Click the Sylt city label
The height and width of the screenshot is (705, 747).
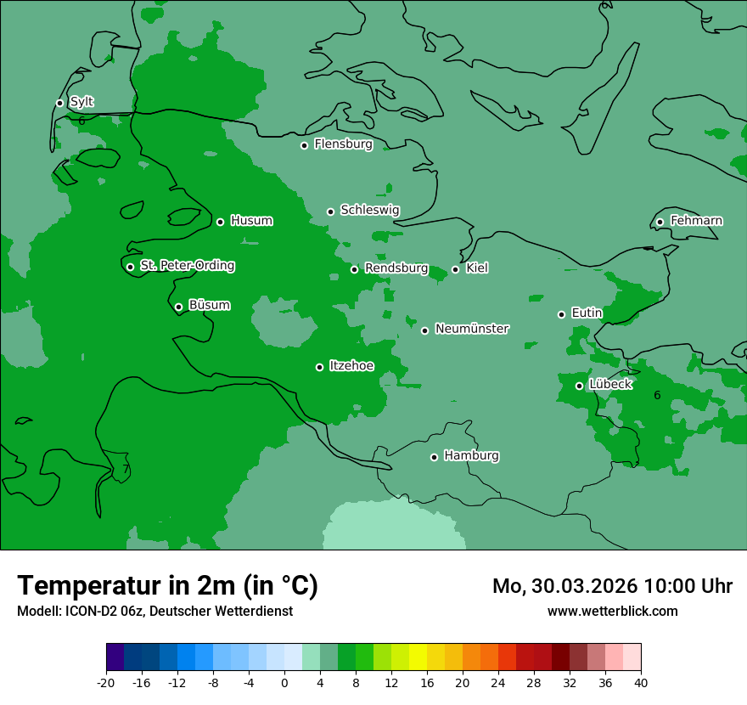81,102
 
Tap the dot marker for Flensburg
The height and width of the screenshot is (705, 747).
304,145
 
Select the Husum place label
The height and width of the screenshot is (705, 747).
251,221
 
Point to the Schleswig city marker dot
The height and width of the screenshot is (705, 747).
330,211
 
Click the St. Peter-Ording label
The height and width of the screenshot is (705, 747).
187,266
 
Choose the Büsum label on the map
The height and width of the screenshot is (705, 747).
209,305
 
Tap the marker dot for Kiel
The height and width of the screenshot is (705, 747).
455,269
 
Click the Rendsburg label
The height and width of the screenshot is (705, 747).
396,268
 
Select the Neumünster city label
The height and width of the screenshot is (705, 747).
472,329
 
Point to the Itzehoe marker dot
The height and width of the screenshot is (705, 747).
319,367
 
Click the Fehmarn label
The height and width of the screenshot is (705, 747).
696,221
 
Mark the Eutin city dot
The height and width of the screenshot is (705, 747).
561,314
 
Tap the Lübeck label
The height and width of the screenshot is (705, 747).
609,384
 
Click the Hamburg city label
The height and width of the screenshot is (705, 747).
471,455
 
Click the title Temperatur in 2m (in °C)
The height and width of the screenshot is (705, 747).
167,585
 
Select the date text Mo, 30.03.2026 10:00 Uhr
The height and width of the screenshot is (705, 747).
612,586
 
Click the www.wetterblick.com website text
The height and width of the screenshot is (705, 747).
612,611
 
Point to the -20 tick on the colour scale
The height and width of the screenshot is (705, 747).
106,682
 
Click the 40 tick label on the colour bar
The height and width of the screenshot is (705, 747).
640,682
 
